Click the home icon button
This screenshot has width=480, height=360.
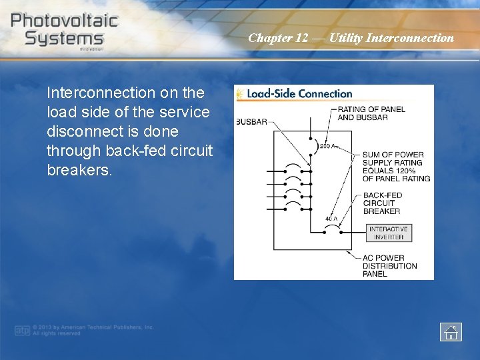tap(451, 331)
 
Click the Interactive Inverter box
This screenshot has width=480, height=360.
tap(389, 233)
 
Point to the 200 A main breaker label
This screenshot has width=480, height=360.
tap(327, 146)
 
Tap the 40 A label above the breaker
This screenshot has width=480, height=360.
tap(331, 219)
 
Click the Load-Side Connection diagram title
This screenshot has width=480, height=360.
tap(299, 94)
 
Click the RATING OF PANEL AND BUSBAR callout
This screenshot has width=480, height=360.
tap(371, 113)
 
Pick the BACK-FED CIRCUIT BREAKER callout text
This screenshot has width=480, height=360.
tap(382, 203)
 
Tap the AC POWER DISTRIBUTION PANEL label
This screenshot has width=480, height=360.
tap(389, 266)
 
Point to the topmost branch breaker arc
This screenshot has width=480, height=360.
tap(292, 166)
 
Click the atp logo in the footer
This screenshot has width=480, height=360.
tap(23, 330)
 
